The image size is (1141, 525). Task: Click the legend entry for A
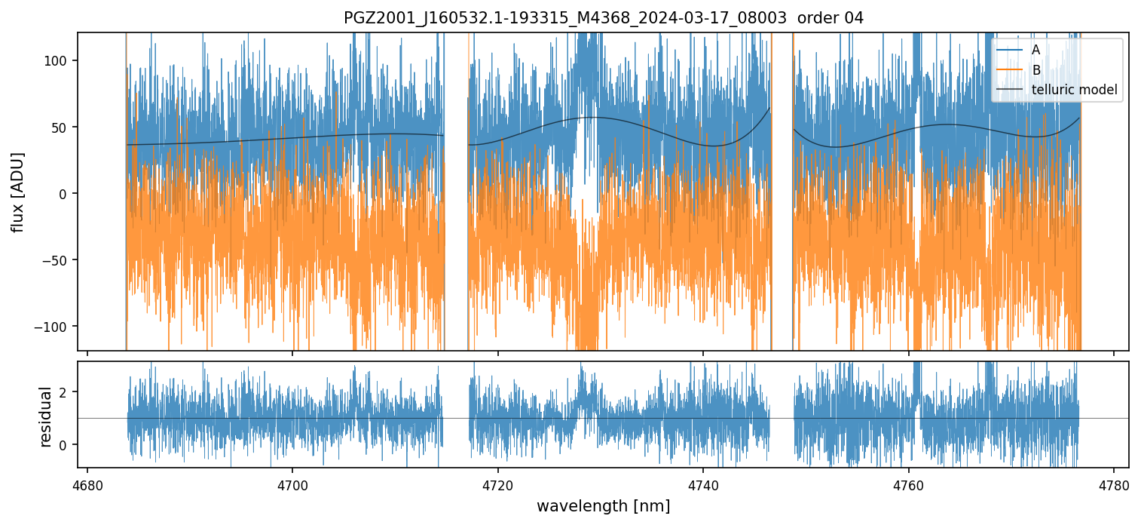[x=1035, y=50]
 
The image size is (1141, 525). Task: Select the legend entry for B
[x=1035, y=70]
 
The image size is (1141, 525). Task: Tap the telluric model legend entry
[x=1074, y=91]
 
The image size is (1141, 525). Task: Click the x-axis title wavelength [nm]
[x=603, y=505]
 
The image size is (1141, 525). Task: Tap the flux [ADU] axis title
[x=17, y=192]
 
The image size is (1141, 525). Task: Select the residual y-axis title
[x=46, y=416]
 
